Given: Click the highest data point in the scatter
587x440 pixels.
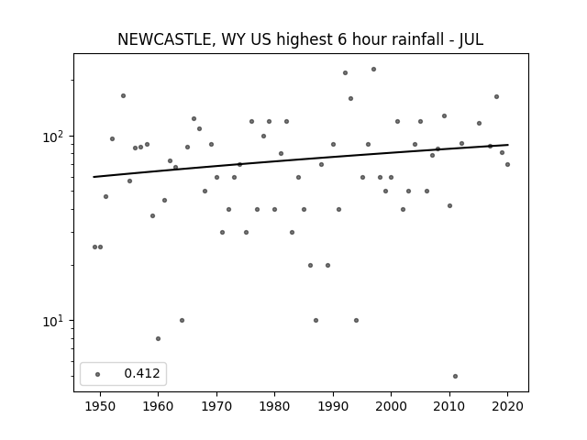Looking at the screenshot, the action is click(x=373, y=70).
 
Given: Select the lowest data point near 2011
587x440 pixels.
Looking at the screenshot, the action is click(x=455, y=376).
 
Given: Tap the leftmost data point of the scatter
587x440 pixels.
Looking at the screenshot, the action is click(x=94, y=247).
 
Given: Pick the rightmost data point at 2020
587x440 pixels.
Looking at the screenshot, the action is click(x=507, y=164).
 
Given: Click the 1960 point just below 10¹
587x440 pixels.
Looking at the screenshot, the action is click(x=158, y=338).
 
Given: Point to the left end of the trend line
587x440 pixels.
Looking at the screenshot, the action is click(x=94, y=177).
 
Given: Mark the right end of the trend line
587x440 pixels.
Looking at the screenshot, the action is click(x=508, y=145).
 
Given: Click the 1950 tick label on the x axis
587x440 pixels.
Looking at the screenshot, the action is click(x=100, y=406).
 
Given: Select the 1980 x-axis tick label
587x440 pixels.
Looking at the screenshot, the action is click(x=274, y=406).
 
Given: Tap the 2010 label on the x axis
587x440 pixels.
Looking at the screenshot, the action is click(x=449, y=406).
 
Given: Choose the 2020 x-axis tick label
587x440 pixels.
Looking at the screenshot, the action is click(x=507, y=406).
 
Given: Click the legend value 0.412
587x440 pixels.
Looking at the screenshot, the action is click(x=142, y=373).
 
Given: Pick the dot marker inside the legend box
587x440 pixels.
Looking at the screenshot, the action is click(x=98, y=374).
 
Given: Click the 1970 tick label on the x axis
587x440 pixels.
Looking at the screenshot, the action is click(x=216, y=406).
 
